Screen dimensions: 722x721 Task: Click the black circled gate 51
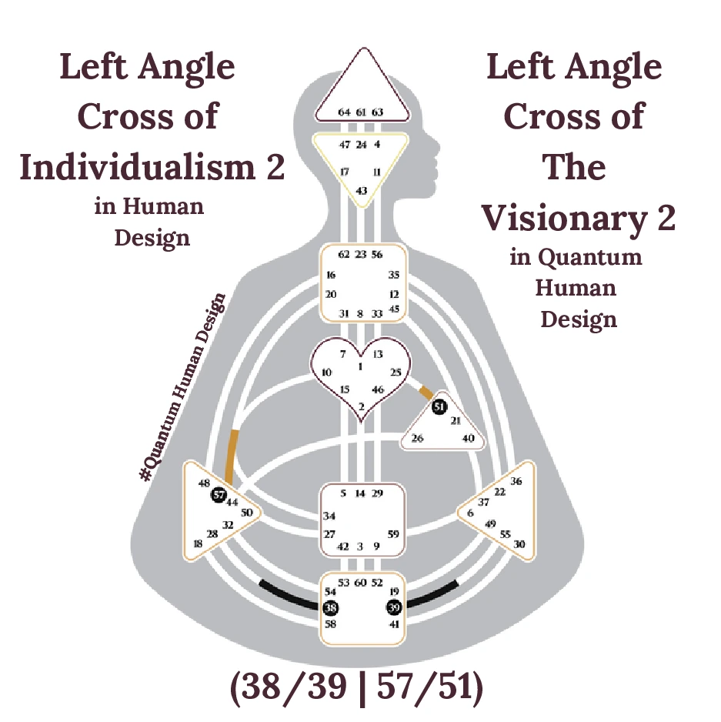pyautogui.click(x=439, y=407)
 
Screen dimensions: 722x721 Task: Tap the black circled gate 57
pyautogui.click(x=219, y=495)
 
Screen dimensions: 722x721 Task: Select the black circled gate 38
pyautogui.click(x=331, y=607)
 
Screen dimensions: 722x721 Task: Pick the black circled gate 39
pyautogui.click(x=394, y=607)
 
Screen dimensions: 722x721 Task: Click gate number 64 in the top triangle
pyautogui.click(x=345, y=112)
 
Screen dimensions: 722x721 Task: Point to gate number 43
pyautogui.click(x=361, y=190)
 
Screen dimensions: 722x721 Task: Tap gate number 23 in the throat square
pyautogui.click(x=361, y=254)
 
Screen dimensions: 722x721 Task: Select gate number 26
pyautogui.click(x=417, y=439)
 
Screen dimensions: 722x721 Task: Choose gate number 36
pyautogui.click(x=516, y=482)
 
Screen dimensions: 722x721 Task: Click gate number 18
pyautogui.click(x=199, y=543)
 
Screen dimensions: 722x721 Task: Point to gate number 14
pyautogui.click(x=359, y=493)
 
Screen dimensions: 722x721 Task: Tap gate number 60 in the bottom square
pyautogui.click(x=361, y=582)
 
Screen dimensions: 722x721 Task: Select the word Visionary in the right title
pyautogui.click(x=566, y=219)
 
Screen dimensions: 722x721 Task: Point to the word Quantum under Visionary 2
pyautogui.click(x=589, y=256)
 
